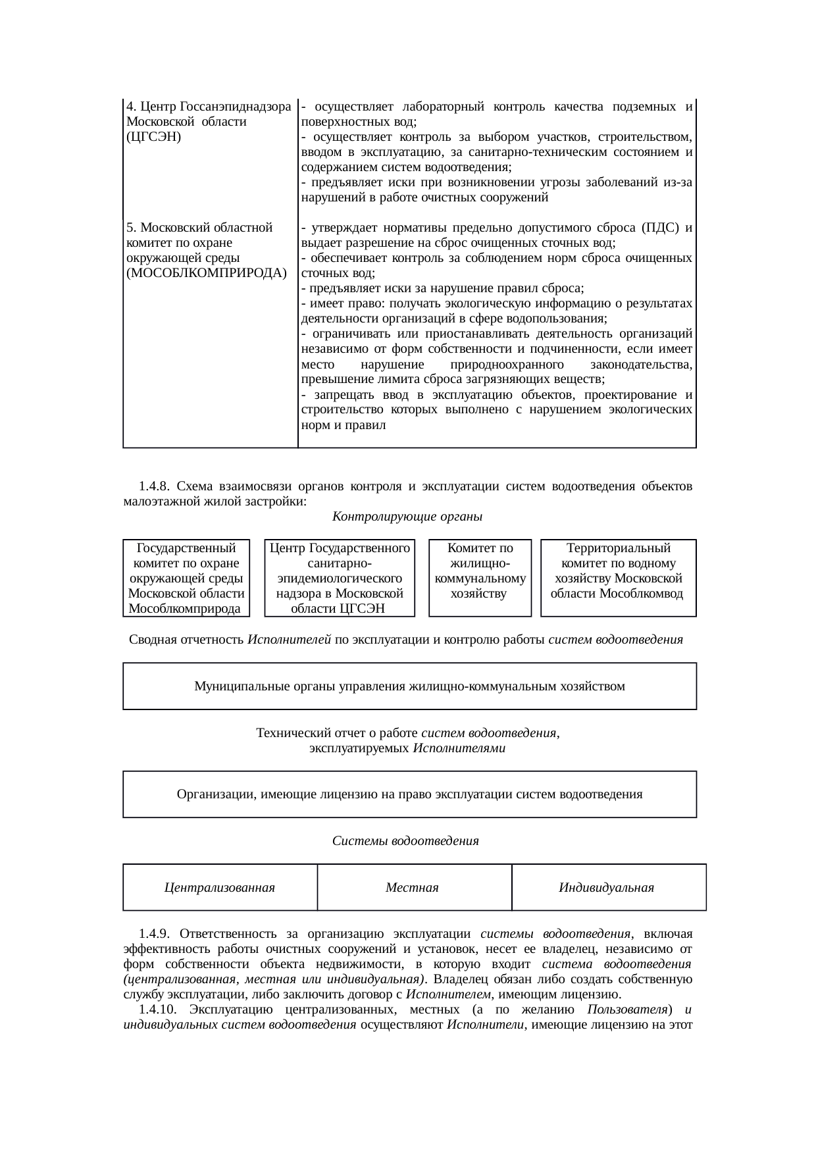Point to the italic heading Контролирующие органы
pos(407,517)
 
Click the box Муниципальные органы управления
pos(409,687)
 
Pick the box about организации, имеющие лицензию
pos(409,794)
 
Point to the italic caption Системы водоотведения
pos(405,841)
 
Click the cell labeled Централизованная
pos(220,888)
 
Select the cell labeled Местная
pos(412,888)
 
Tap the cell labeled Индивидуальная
pos(606,888)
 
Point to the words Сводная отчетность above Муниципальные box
pos(187,640)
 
